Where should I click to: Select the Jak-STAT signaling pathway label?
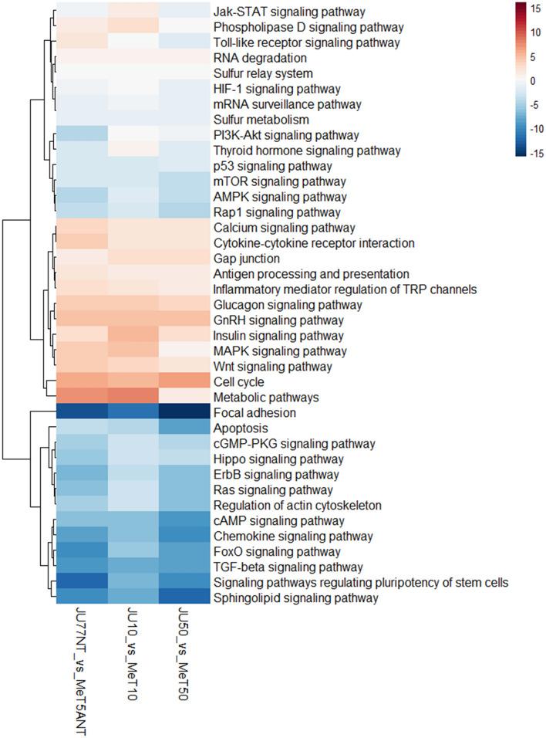[289, 12]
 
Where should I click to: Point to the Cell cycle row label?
[238, 382]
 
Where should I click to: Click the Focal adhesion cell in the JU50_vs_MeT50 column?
[185, 413]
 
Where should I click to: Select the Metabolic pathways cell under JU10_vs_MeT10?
[133, 398]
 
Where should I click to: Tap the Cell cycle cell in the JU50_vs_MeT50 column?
[185, 382]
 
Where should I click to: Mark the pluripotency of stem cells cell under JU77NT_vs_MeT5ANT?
[81, 583]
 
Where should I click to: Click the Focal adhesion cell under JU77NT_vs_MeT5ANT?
[81, 413]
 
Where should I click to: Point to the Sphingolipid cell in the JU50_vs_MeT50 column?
[185, 598]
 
